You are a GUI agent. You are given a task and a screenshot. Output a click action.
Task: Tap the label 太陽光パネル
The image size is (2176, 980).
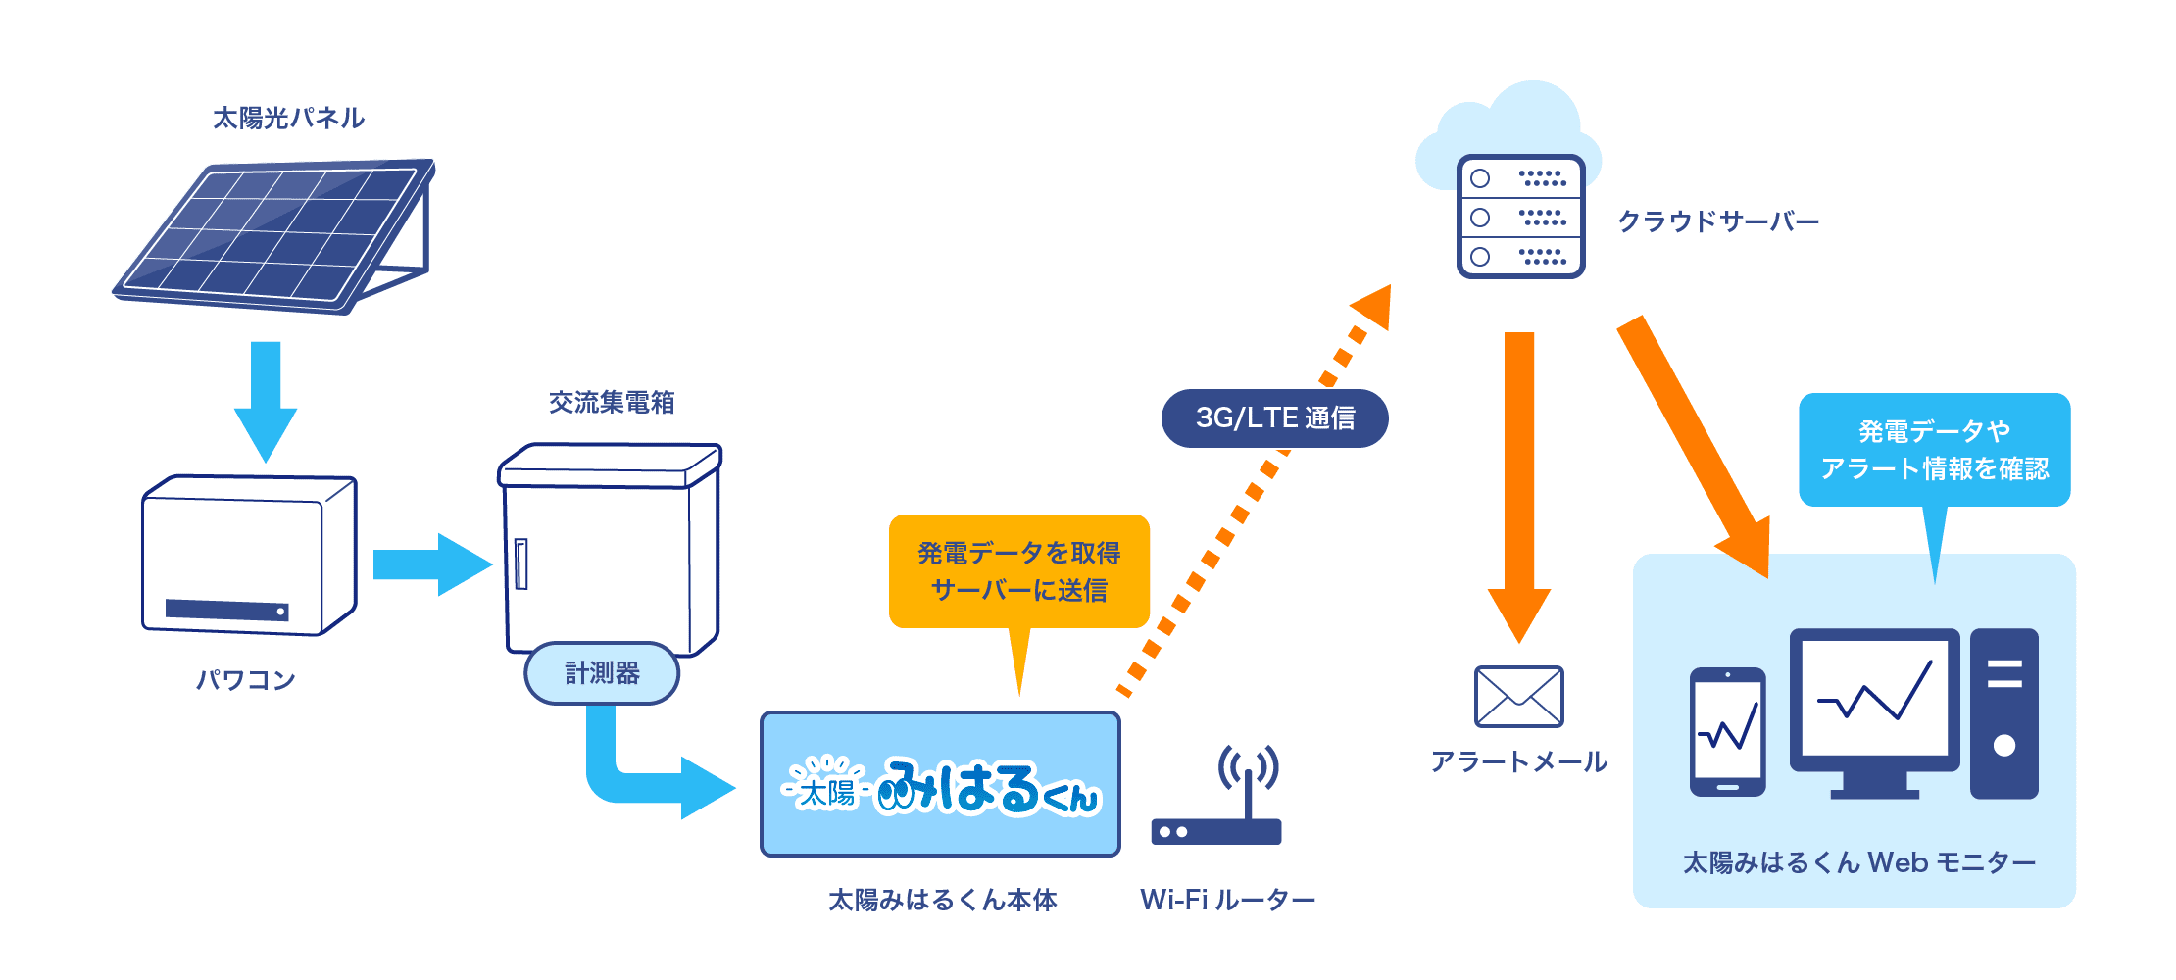coord(288,119)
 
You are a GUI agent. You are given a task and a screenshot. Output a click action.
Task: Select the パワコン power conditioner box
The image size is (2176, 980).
coord(249,556)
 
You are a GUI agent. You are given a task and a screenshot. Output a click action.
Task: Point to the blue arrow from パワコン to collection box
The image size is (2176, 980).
coord(431,564)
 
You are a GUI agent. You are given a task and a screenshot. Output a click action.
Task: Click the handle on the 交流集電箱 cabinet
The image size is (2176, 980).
coord(521,564)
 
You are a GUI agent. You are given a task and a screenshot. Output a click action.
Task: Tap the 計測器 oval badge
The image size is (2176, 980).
coord(602,673)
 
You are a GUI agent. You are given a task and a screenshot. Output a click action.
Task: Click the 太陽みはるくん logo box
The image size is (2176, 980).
coord(940,784)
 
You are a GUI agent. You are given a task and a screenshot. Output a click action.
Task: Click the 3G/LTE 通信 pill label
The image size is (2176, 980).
coord(1274,418)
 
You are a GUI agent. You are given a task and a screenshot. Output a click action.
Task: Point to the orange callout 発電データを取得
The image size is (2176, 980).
coord(1018,571)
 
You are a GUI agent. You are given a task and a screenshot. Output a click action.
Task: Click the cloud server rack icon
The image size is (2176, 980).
coord(1520,217)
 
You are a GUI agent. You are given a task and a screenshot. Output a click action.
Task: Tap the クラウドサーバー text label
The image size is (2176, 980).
coord(1717,221)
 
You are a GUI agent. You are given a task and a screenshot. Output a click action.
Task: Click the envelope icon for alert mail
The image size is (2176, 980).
coord(1518,697)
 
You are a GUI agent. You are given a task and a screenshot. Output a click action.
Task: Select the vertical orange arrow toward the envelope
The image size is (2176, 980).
coord(1519,480)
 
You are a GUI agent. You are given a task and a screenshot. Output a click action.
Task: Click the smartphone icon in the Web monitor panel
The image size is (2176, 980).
coord(1727,732)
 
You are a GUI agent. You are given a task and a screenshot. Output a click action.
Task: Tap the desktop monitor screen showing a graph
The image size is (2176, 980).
coord(1874,698)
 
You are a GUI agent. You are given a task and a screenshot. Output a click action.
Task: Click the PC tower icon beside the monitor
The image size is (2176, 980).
coord(2003,712)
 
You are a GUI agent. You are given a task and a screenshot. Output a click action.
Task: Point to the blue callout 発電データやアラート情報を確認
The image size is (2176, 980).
coord(1934,450)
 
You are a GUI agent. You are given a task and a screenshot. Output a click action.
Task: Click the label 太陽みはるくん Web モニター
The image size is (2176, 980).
coord(1858,862)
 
